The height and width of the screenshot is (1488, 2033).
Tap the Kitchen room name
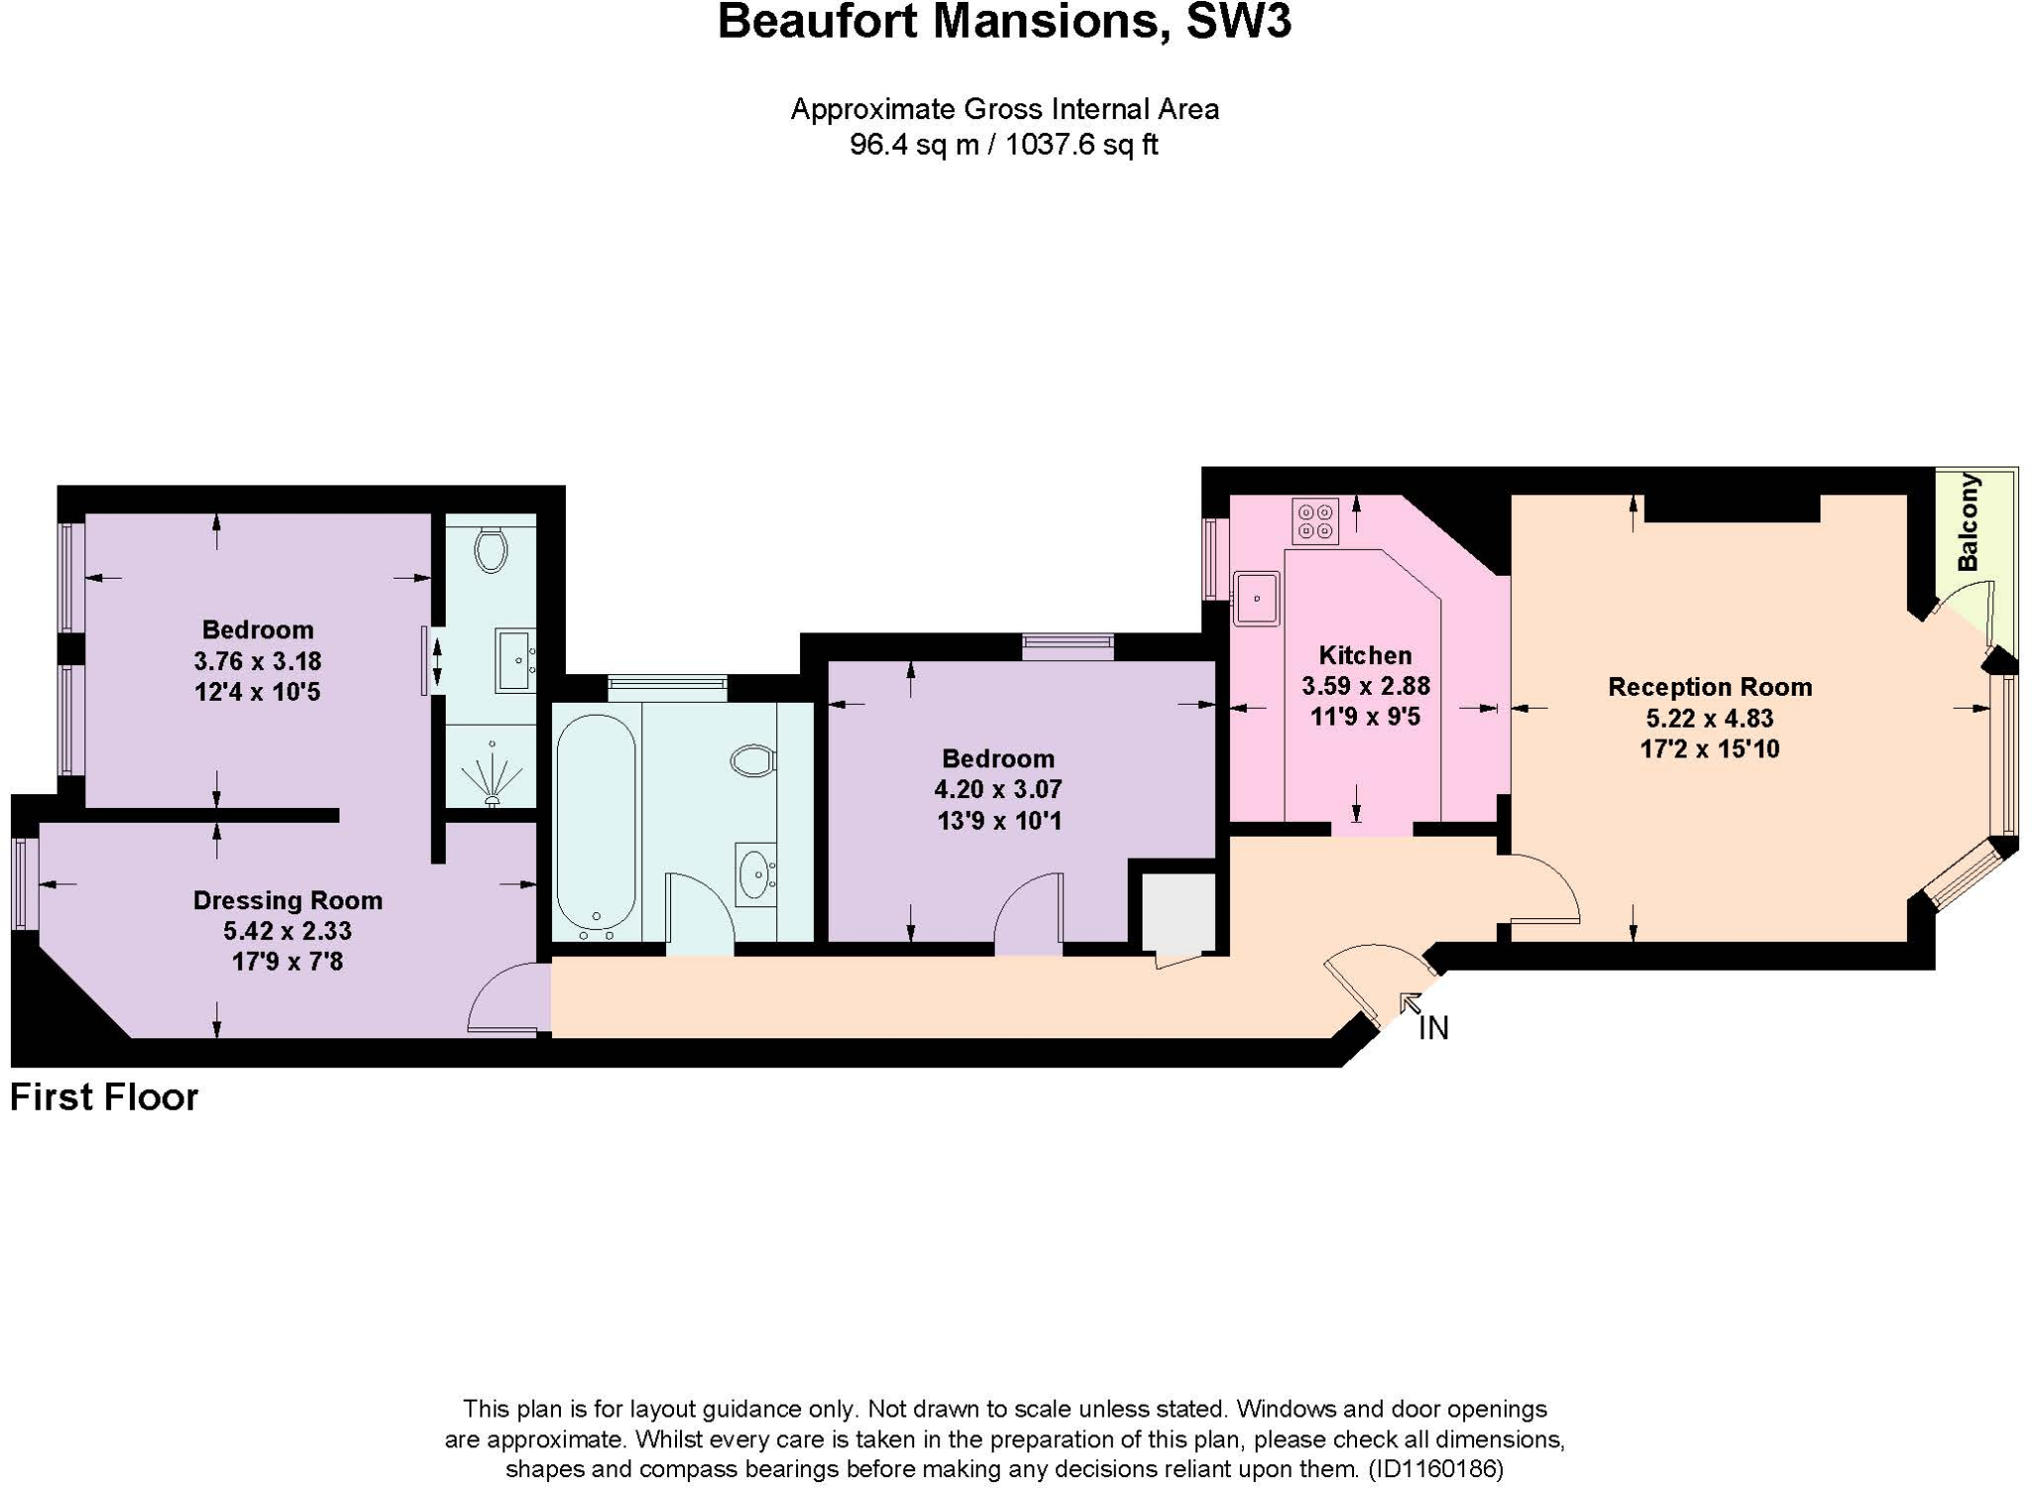click(x=1365, y=655)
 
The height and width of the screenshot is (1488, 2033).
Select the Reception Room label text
click(x=1709, y=687)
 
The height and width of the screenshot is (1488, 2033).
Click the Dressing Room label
click(x=288, y=900)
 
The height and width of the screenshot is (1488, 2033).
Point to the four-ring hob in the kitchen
click(x=1315, y=522)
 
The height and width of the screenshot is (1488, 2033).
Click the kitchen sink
click(x=1256, y=598)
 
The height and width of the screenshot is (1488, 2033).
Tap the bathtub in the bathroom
click(x=596, y=824)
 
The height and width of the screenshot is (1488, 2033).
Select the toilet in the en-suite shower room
click(x=491, y=549)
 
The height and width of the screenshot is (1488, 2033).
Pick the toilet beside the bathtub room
click(x=752, y=761)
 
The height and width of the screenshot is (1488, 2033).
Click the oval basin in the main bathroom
click(x=756, y=874)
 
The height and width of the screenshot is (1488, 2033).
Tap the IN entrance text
click(x=1433, y=1029)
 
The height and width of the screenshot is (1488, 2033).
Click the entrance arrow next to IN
click(x=1410, y=1004)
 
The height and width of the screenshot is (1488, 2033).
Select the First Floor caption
click(x=104, y=1098)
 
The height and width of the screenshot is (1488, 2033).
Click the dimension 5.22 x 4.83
click(x=1709, y=719)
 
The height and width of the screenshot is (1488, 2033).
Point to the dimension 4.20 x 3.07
click(x=998, y=790)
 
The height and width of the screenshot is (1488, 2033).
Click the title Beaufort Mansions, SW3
click(x=1004, y=22)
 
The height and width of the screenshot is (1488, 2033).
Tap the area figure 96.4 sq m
click(x=913, y=145)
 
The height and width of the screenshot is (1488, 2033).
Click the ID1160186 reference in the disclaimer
click(x=1435, y=1468)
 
